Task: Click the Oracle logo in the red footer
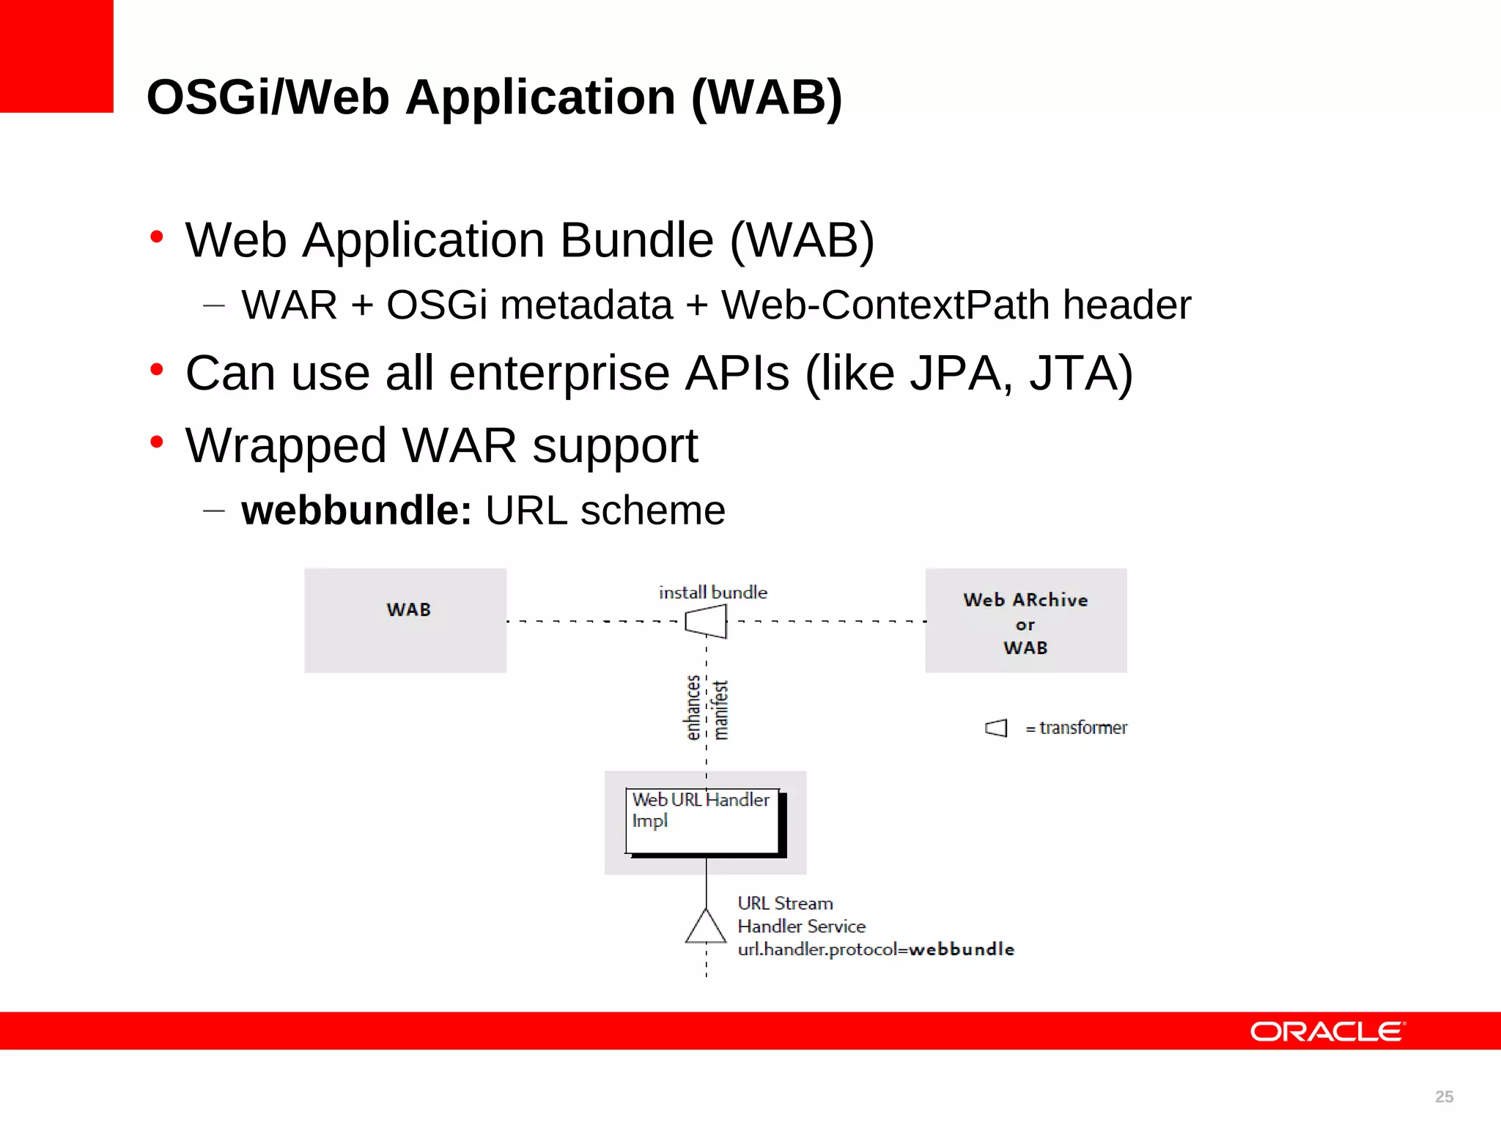(x=1327, y=1031)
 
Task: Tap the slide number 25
(x=1444, y=1096)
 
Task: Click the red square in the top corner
(x=56, y=56)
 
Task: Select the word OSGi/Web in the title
(x=268, y=97)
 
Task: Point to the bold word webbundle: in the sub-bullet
(x=356, y=510)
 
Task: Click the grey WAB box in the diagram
(x=405, y=620)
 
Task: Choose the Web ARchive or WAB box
(x=1025, y=620)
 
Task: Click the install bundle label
(x=712, y=593)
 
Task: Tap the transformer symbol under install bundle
(x=706, y=623)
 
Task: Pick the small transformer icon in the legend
(x=996, y=728)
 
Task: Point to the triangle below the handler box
(x=706, y=927)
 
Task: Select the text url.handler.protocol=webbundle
(x=875, y=950)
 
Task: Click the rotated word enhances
(x=693, y=708)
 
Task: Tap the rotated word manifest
(x=721, y=710)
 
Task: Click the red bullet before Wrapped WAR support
(x=156, y=442)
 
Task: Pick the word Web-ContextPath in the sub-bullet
(x=885, y=305)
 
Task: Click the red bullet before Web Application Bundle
(x=156, y=236)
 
